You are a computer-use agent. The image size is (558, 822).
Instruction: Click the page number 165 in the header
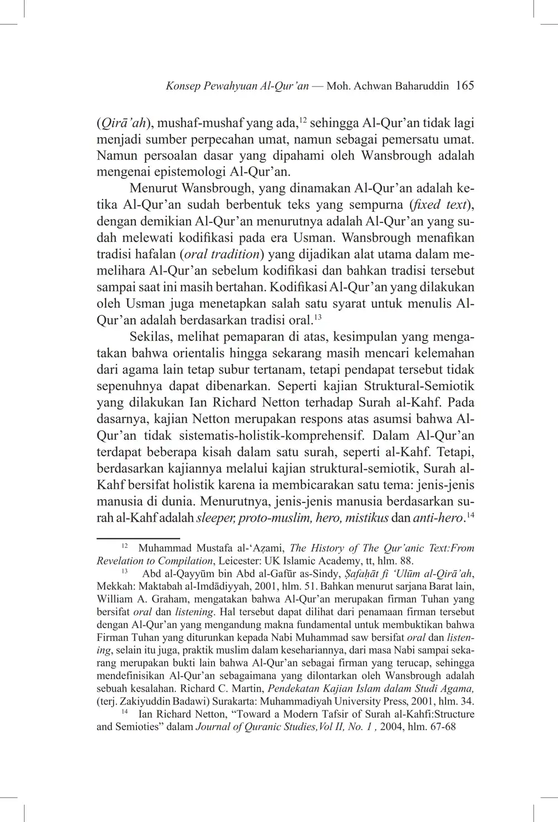(x=464, y=86)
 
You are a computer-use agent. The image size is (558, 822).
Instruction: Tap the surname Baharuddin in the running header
(x=422, y=86)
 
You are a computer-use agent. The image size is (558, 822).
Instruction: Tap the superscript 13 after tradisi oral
(x=318, y=318)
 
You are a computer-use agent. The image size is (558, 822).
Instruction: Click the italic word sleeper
(x=217, y=518)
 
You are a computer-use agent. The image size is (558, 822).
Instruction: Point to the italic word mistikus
(x=366, y=518)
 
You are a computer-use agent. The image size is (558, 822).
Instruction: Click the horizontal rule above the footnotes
(x=138, y=539)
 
